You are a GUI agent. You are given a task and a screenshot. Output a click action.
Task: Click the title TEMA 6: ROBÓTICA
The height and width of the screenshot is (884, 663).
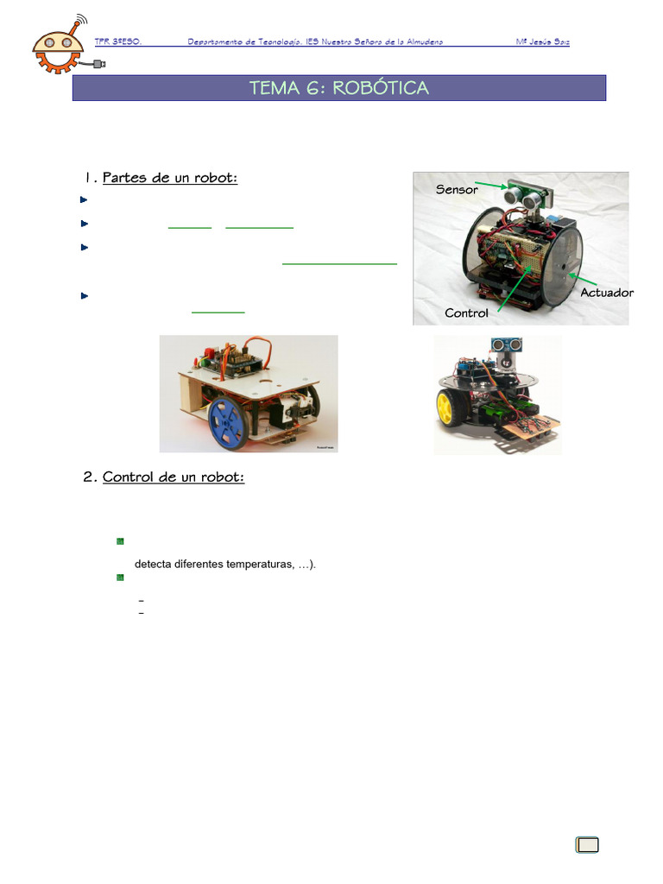pos(338,88)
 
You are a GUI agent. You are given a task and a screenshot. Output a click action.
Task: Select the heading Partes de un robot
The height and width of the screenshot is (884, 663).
pos(169,178)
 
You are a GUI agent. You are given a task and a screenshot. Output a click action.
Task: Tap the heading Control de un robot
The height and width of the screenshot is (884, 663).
pos(173,477)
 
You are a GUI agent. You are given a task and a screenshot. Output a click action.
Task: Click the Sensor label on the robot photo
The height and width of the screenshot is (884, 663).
pos(457,189)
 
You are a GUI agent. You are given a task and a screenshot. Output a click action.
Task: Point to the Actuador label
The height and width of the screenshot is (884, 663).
pos(606,293)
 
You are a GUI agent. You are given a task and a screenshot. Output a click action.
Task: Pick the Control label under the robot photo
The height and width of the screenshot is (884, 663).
pos(466,313)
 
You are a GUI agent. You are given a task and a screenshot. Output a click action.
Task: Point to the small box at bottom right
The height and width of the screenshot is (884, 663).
pos(587,844)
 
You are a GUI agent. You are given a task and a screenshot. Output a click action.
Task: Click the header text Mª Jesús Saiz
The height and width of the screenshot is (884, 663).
pos(542,41)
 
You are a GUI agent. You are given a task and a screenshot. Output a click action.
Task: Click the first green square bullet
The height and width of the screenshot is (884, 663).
pos(120,541)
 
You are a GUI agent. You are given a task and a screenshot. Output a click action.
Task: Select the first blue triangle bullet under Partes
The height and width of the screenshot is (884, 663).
pos(84,199)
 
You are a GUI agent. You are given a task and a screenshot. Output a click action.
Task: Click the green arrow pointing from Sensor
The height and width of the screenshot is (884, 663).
pos(492,184)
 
